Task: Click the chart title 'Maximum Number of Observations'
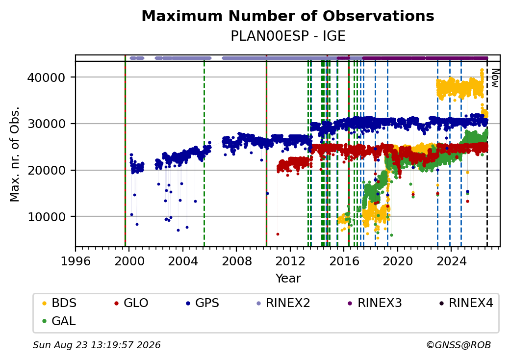pyautogui.click(x=288, y=16)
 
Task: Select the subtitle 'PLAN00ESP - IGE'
pyautogui.click(x=288, y=36)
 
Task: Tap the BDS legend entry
pyautogui.click(x=59, y=303)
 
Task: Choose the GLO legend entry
pyautogui.click(x=131, y=303)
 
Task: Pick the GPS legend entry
pyautogui.click(x=203, y=303)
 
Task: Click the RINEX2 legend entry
pyautogui.click(x=283, y=303)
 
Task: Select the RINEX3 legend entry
pyautogui.click(x=375, y=303)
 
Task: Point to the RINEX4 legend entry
pyautogui.click(x=466, y=303)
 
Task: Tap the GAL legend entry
pyautogui.click(x=59, y=321)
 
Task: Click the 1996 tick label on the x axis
pyautogui.click(x=76, y=261)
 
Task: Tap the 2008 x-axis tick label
pyautogui.click(x=236, y=261)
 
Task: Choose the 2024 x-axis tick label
pyautogui.click(x=451, y=261)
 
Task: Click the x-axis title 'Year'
pyautogui.click(x=288, y=279)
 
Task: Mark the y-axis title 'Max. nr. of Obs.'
pyautogui.click(x=15, y=154)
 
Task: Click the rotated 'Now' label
pyautogui.click(x=495, y=78)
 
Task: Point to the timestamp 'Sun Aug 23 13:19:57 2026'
pyautogui.click(x=97, y=345)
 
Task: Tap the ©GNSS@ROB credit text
pyautogui.click(x=459, y=345)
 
